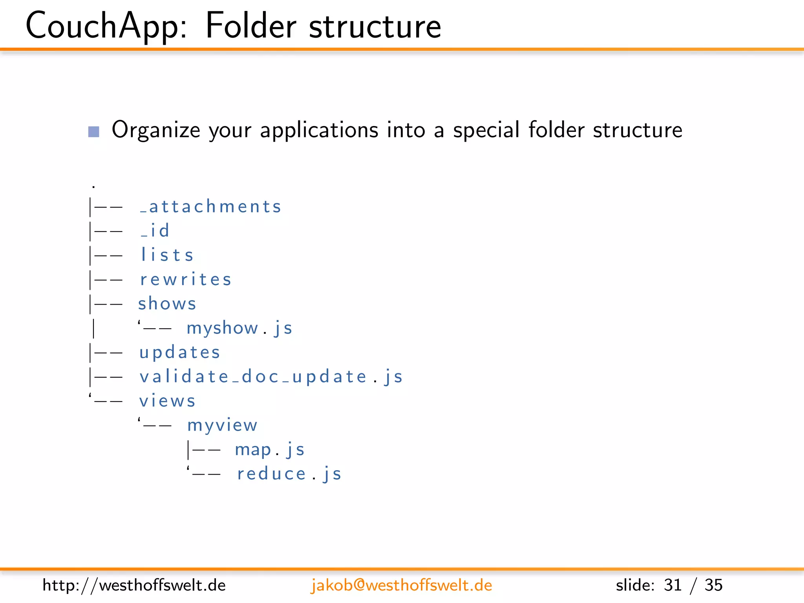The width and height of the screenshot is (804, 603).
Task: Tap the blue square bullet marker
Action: pos(94,132)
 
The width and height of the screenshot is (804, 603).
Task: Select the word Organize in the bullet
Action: pos(156,130)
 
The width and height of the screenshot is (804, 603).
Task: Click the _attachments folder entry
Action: pos(211,207)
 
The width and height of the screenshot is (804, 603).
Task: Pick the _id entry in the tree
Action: pos(155,231)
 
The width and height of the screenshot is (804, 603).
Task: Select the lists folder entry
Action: pos(167,255)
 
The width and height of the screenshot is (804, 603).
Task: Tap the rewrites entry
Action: pos(186,280)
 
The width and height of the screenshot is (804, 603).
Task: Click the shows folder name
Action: pos(167,304)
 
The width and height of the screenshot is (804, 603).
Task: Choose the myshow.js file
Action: pos(239,328)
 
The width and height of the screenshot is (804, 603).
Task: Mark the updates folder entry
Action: pos(180,353)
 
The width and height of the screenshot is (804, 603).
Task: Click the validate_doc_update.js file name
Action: pos(271,377)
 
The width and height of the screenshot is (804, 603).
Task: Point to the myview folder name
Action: pos(222,426)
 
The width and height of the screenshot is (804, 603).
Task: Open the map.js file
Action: pos(270,450)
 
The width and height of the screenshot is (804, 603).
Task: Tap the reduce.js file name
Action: pos(289,474)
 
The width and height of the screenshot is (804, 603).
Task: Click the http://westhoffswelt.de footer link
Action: pos(134,585)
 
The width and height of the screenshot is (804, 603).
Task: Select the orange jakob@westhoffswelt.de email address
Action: pos(401,585)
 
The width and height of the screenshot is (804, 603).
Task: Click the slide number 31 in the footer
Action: pos(672,585)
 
